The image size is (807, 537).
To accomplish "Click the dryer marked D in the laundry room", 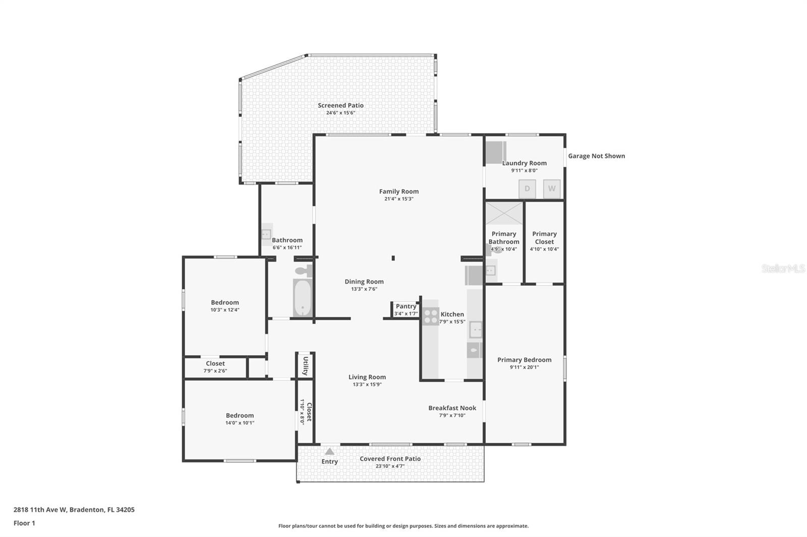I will click(x=527, y=189).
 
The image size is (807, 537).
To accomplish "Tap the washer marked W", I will click(x=552, y=189).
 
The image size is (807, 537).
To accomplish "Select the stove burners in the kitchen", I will click(x=431, y=316).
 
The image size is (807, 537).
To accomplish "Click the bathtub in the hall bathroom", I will click(x=303, y=297).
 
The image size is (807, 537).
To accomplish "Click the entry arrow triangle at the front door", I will click(x=329, y=451).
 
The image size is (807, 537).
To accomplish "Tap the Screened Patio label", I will click(x=340, y=105).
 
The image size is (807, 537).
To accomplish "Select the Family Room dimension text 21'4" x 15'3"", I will click(x=398, y=199).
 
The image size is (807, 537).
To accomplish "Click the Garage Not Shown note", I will click(x=596, y=156).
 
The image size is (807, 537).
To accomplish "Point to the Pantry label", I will click(x=406, y=306).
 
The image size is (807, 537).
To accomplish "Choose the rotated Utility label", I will click(x=306, y=366).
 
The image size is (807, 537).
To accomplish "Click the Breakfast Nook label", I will click(x=452, y=408).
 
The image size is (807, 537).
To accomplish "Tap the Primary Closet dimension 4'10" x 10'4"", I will click(x=544, y=249).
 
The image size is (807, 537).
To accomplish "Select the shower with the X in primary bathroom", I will click(x=504, y=213).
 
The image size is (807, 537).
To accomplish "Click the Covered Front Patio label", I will click(x=390, y=459).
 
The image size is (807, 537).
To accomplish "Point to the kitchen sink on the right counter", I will click(x=475, y=330).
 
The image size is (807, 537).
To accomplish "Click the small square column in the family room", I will click(x=393, y=258).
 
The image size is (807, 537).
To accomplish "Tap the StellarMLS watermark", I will click(x=783, y=268).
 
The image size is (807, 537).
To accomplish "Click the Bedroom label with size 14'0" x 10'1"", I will click(x=240, y=416).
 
